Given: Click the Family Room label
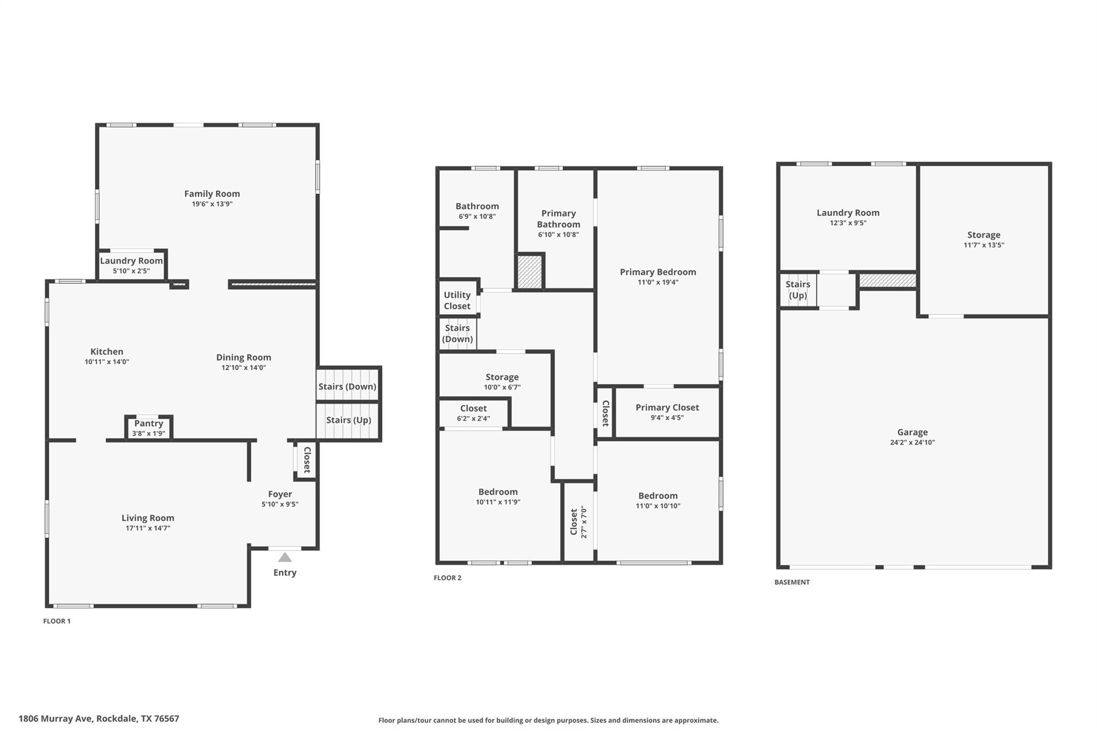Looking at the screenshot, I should coord(212,194).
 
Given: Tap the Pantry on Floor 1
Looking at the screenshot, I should coord(148,427).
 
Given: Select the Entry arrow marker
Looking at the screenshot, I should coord(285,557).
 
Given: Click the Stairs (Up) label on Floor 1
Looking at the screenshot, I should coord(348,420).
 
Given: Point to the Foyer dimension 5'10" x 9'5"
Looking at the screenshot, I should coord(280,504).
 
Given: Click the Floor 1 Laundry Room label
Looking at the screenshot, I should coord(131,261).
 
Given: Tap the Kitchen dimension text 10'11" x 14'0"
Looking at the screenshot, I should coord(107,362).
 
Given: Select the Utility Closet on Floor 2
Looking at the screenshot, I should coord(457,300).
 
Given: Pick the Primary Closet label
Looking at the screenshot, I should coord(667,408).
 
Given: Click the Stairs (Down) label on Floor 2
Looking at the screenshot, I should coord(457,333).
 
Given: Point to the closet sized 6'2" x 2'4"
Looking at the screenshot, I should coord(474,413).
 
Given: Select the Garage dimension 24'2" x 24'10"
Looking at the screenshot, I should coord(912,442).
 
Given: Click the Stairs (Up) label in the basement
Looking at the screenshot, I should coord(798,290).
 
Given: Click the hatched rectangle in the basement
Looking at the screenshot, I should coord(887,280).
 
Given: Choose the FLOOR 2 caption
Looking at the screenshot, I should coord(447,578).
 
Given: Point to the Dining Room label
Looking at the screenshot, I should coord(243,357).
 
